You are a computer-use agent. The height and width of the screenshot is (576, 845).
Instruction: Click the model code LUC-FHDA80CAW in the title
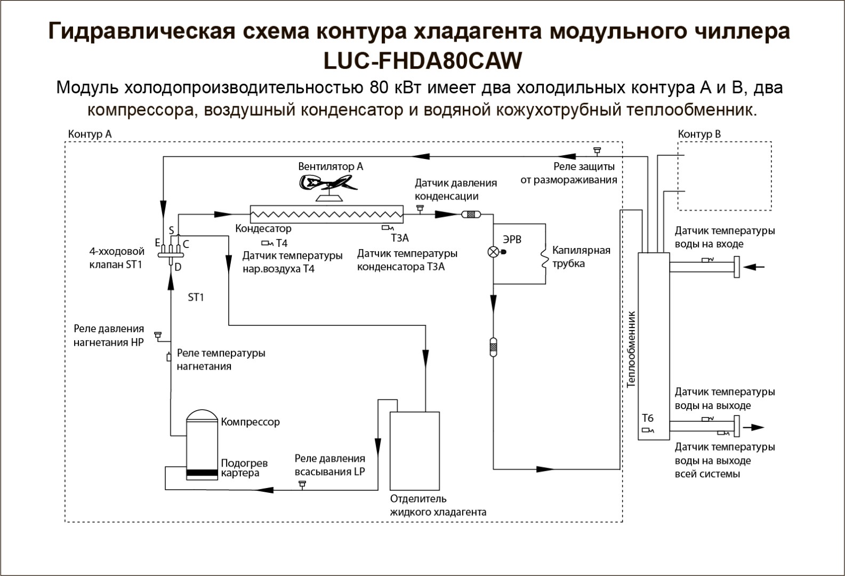[422, 60]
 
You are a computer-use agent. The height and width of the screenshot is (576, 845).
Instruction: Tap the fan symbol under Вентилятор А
[328, 187]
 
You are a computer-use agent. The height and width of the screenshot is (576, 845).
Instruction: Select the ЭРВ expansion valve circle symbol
[494, 252]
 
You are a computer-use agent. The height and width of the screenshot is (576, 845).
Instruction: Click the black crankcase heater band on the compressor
[202, 473]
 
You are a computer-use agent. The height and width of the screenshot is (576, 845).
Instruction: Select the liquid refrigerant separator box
[415, 451]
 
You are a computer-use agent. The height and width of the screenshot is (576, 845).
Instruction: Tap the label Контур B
[699, 134]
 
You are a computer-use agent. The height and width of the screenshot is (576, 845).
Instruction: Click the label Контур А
[90, 134]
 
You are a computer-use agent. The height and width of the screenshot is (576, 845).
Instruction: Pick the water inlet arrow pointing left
[754, 267]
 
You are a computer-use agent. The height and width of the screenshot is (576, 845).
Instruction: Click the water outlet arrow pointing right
[754, 427]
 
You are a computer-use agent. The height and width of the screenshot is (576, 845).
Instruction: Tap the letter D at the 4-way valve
[178, 267]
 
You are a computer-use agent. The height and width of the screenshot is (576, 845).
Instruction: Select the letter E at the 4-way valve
[158, 242]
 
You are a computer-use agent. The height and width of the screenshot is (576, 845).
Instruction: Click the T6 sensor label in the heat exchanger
[648, 418]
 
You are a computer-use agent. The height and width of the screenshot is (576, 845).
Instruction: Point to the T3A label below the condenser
[400, 238]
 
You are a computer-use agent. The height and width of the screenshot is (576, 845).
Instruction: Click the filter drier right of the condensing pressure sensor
[471, 214]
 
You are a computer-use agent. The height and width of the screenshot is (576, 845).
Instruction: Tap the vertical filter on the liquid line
[493, 347]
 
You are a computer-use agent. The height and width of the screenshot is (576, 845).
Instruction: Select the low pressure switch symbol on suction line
[302, 484]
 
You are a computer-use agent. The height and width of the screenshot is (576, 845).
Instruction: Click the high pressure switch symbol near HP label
[158, 335]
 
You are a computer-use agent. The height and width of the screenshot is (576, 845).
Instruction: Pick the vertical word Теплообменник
[631, 349]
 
